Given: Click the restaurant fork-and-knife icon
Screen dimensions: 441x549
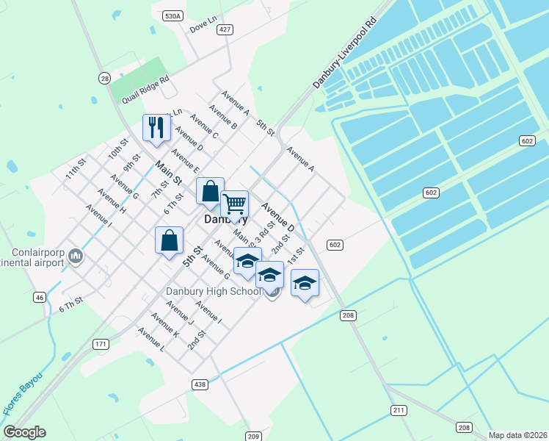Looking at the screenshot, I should point(156,127).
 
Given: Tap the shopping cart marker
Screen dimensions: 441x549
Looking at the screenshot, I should point(234,202).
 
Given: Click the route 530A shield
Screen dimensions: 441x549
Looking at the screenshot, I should point(172,15).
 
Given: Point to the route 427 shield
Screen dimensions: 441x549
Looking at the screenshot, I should point(225,29).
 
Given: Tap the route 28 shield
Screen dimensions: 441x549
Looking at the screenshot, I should point(105,78).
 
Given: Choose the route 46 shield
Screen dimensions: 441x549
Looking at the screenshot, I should point(40,297).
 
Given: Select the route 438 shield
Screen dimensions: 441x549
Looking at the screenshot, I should point(199,384).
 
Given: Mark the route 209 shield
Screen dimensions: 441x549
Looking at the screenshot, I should point(253,436).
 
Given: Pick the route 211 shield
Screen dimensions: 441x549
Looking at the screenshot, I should point(399,409).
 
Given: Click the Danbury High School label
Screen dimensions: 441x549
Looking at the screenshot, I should point(214,292).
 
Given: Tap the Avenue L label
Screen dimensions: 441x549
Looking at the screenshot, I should point(150,338).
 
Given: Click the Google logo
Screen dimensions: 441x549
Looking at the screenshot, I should point(24,432).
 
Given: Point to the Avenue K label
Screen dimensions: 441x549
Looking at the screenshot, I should point(164,324).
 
